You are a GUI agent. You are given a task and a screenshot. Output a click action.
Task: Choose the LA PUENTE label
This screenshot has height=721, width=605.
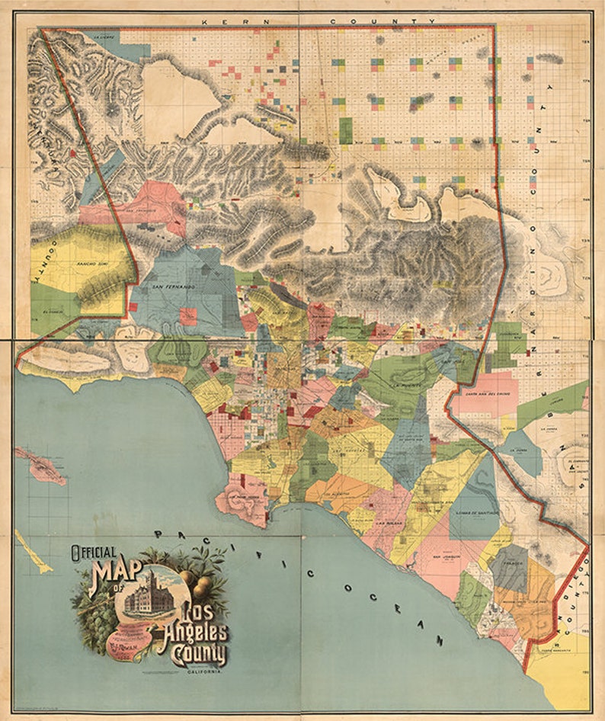click(402, 385)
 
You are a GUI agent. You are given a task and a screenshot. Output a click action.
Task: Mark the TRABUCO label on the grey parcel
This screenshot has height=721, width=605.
click(508, 567)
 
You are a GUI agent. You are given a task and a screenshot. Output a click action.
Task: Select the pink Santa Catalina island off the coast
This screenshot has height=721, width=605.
click(46, 466)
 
